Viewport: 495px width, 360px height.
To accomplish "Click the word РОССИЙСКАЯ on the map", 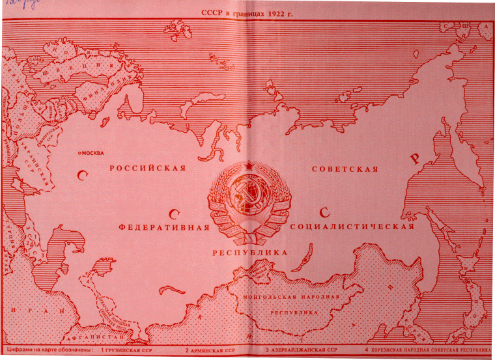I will (x=147, y=169).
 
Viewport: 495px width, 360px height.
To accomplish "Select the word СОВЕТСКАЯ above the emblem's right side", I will (x=345, y=169).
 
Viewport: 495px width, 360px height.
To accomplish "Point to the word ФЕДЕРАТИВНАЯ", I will (x=164, y=228).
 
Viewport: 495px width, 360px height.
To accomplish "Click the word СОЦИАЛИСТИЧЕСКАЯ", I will (x=351, y=228).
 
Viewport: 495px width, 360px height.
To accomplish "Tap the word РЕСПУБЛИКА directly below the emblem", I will (x=249, y=251).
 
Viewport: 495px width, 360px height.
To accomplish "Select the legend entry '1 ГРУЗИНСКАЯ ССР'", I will (x=126, y=350).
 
